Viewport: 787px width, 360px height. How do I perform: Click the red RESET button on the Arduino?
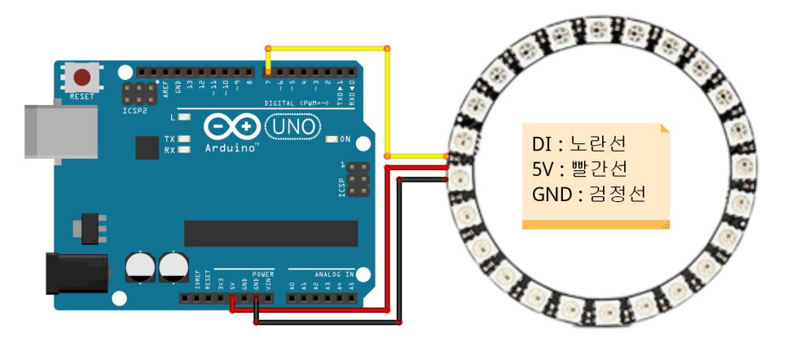(x=82, y=78)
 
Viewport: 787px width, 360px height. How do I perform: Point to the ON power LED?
(x=331, y=139)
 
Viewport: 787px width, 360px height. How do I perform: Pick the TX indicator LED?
(x=184, y=139)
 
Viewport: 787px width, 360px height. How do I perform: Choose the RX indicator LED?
(x=184, y=150)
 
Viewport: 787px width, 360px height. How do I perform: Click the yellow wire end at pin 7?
(x=267, y=74)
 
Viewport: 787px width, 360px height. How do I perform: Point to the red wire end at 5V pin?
(x=233, y=299)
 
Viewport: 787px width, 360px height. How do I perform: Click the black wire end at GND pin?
(x=257, y=299)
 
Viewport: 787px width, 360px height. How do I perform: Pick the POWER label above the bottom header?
(x=264, y=274)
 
